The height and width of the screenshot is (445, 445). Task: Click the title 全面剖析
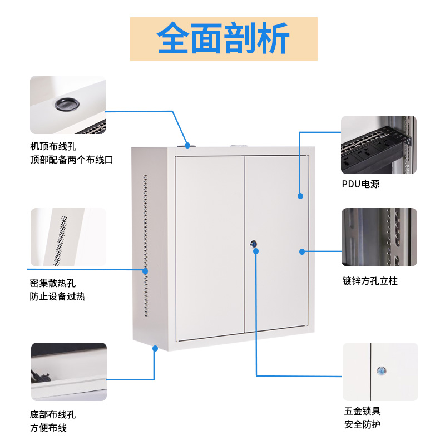[223, 38]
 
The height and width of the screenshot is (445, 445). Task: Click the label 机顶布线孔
[53, 147]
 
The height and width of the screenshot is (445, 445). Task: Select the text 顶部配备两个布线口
[72, 160]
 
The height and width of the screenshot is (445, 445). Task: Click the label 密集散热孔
[53, 283]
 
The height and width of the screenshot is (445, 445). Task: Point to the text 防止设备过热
[57, 296]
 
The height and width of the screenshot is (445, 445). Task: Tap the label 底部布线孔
[53, 414]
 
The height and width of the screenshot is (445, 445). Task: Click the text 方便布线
[48, 428]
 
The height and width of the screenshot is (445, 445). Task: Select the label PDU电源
[360, 184]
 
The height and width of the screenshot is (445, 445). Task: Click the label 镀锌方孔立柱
[370, 281]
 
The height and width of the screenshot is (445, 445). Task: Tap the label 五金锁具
[362, 412]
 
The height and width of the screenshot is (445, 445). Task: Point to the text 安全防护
[362, 425]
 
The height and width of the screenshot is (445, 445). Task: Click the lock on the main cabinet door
[254, 244]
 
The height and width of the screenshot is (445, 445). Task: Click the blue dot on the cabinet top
[187, 145]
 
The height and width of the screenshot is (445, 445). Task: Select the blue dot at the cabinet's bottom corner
[156, 349]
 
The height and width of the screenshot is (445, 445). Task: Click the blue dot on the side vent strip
[146, 271]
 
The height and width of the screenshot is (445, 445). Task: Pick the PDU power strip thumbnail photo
[378, 145]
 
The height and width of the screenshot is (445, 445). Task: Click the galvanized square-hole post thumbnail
[379, 238]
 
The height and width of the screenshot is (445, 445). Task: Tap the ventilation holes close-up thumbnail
[68, 238]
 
